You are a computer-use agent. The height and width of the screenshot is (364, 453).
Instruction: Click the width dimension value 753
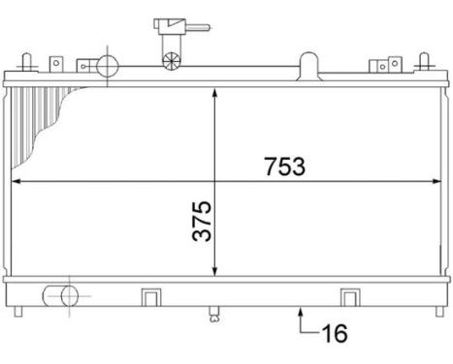point(283,166)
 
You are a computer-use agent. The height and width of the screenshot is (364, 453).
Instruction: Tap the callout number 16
point(333,335)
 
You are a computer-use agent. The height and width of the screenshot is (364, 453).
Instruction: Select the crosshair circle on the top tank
point(106,66)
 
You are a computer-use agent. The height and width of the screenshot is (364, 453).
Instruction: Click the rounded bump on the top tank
point(307,65)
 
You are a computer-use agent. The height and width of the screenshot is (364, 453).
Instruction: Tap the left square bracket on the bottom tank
point(150,295)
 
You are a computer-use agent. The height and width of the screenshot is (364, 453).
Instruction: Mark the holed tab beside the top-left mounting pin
point(55,64)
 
